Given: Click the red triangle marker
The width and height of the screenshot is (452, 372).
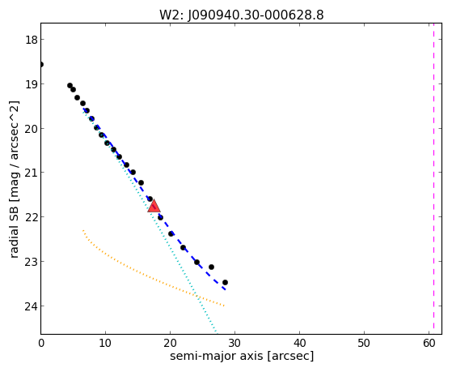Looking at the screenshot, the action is [154, 206].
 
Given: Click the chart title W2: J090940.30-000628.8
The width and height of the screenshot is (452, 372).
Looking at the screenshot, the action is [242, 15].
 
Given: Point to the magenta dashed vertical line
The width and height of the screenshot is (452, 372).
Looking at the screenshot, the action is [433, 178].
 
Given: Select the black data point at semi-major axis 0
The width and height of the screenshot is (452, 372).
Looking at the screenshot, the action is [41, 64].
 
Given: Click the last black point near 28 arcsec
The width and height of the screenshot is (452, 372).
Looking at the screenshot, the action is [225, 282].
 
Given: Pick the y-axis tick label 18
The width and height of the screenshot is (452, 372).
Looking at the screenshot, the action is [32, 40].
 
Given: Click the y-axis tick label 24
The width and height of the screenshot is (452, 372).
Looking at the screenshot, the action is [32, 306].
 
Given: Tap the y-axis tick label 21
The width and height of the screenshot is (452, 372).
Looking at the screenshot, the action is [32, 173].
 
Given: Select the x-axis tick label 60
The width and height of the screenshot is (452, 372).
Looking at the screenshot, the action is [429, 343].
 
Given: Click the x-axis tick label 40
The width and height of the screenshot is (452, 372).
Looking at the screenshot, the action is [299, 343].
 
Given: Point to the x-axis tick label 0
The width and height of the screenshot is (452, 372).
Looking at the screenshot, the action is [41, 343].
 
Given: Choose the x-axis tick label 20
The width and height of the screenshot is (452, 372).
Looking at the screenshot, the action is [170, 343].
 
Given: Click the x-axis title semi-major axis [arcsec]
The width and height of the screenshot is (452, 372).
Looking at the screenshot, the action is [242, 356].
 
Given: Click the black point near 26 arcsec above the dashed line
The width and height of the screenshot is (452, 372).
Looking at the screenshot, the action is [211, 267].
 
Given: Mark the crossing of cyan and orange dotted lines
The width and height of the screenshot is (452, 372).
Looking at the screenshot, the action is [196, 295].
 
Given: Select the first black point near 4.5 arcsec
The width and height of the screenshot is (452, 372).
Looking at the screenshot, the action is [70, 85].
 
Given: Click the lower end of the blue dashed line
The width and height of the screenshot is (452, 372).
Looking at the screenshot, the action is [225, 289].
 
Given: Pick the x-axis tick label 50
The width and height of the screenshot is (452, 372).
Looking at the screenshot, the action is [364, 343].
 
